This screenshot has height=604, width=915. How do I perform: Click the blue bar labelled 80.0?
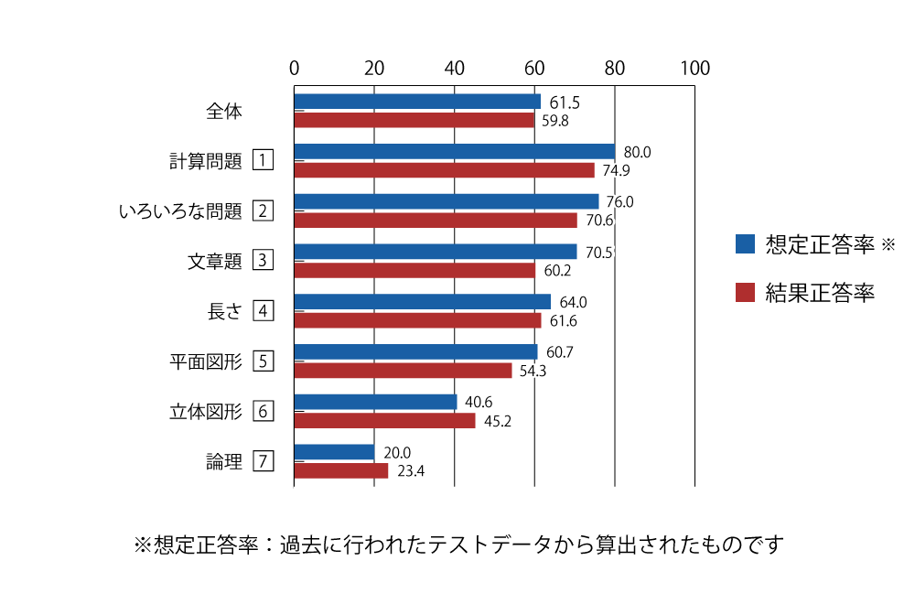point(455,151)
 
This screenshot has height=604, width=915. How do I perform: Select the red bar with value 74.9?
point(445,170)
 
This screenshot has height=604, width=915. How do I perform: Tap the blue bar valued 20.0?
point(335,452)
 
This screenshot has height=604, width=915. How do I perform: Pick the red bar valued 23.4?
point(341,471)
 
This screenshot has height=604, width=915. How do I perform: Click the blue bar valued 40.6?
point(376,402)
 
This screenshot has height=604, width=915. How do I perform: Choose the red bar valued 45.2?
point(385,421)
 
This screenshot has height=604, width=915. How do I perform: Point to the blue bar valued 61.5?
point(417,102)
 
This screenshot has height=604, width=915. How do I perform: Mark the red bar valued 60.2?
point(415,271)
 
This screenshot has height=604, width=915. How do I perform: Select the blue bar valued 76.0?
point(447,201)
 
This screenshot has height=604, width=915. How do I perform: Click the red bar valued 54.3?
point(404,371)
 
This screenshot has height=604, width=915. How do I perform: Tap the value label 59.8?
point(555,121)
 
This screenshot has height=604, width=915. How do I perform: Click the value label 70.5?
point(598,253)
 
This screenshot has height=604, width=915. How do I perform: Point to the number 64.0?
point(574,302)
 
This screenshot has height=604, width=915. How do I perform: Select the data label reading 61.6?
point(564,321)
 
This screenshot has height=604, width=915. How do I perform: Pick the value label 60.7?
point(559,352)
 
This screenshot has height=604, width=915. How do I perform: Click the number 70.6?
point(599,221)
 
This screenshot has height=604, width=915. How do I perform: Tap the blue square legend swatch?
point(745,243)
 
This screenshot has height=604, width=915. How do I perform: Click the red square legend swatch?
point(745,292)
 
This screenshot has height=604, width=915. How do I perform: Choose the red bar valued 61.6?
point(418,320)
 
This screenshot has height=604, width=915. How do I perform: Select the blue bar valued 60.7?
point(416,351)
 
